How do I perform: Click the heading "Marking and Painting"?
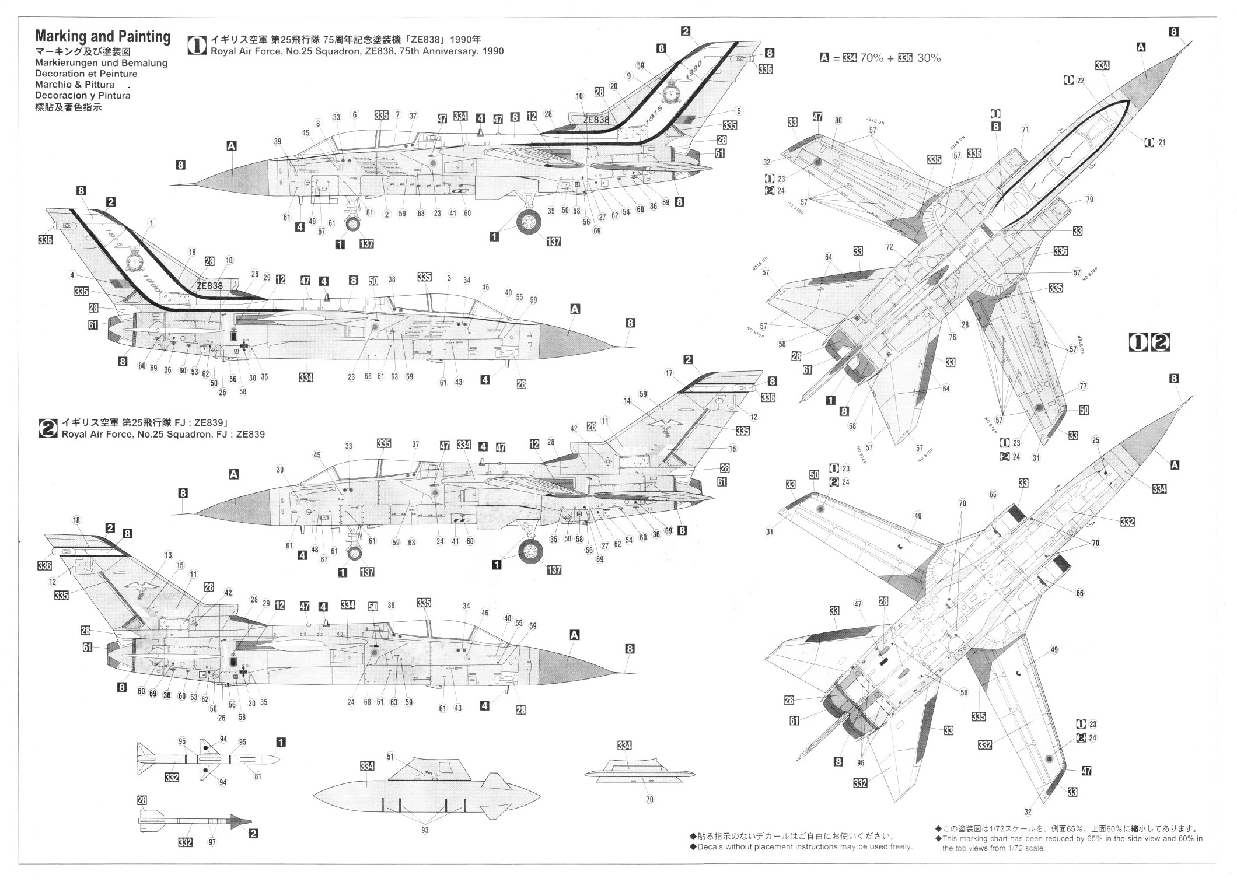(x=103, y=37)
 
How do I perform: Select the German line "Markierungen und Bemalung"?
(x=101, y=63)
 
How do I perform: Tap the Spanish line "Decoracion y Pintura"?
(x=83, y=95)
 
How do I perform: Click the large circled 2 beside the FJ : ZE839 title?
(x=47, y=429)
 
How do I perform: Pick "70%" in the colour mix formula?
(x=871, y=58)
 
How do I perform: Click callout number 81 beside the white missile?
(x=258, y=776)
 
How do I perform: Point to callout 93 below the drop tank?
(x=425, y=830)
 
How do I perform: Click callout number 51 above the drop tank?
(x=390, y=757)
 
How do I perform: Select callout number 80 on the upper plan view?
(x=838, y=121)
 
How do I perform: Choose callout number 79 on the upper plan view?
(x=1089, y=200)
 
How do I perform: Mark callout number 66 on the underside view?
(x=1079, y=593)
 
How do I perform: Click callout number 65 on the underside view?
(x=993, y=494)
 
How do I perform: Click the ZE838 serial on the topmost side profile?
(x=596, y=120)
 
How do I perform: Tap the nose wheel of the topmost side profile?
(x=353, y=226)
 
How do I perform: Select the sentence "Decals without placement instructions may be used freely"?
(x=805, y=846)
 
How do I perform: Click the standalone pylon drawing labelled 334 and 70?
(x=640, y=772)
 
